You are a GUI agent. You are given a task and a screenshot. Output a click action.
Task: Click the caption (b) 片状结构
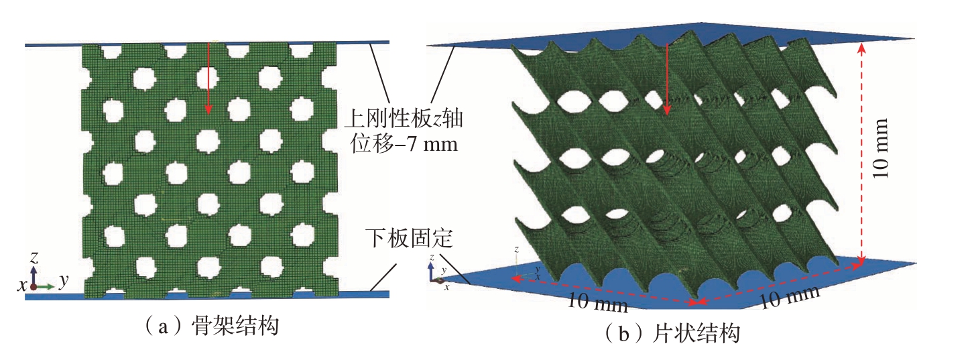click(672, 334)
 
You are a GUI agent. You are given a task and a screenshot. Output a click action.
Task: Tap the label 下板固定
click(409, 238)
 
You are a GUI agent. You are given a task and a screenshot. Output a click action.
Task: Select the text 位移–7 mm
click(404, 143)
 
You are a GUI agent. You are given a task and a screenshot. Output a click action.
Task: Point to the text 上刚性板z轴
click(404, 118)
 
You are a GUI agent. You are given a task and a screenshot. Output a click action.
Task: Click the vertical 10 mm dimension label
click(880, 148)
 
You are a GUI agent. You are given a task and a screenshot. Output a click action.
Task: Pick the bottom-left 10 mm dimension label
click(597, 302)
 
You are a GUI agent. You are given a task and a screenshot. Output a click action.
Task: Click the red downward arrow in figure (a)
click(208, 78)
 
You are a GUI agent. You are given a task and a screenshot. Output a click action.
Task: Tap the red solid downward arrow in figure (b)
click(668, 79)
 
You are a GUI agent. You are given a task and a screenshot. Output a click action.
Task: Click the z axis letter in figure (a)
click(34, 258)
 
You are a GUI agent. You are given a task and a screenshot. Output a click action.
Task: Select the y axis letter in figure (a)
click(64, 281)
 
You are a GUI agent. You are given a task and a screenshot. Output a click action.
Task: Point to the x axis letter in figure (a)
click(21, 285)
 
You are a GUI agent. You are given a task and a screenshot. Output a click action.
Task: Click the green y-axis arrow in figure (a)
click(45, 286)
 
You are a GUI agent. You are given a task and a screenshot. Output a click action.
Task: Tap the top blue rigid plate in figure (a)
click(207, 44)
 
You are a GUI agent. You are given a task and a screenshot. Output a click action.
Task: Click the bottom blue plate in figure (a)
click(207, 296)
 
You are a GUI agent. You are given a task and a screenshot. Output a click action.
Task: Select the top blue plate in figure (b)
click(671, 36)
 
